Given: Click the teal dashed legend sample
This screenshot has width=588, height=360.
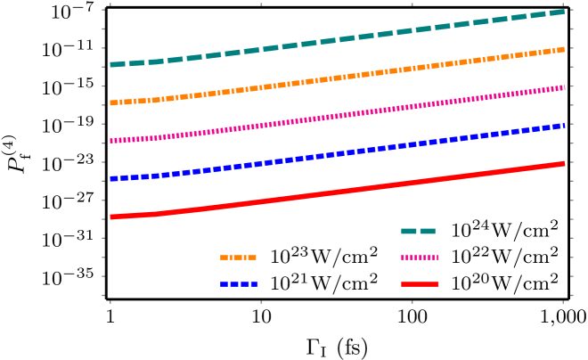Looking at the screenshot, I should coord(418,231).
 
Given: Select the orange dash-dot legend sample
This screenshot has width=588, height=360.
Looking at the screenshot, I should coord(238,258).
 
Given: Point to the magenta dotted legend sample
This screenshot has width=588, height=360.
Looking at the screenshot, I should coord(420,258).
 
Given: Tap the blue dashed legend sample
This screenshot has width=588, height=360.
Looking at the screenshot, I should coord(239,284).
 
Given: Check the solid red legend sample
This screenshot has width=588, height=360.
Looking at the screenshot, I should coord(420,284).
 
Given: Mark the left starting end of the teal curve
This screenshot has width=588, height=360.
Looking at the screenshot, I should coord(110,65).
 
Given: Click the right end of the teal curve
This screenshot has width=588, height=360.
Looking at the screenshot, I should coord(564,12).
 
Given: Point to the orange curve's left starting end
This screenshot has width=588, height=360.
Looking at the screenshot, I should coord(110,103).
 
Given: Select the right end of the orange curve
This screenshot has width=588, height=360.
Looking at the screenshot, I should coord(564,49).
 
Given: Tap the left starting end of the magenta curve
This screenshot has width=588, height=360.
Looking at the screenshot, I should coord(110,141).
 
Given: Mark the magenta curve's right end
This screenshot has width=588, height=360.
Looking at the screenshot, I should coord(564,87).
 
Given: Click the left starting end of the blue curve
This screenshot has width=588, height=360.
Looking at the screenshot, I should coord(110,179).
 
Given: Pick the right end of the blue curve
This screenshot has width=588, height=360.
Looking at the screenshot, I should coord(564,126).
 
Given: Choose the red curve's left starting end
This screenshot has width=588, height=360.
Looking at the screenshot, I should coord(110,217).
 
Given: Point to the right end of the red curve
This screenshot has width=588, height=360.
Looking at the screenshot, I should coord(564,163).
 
